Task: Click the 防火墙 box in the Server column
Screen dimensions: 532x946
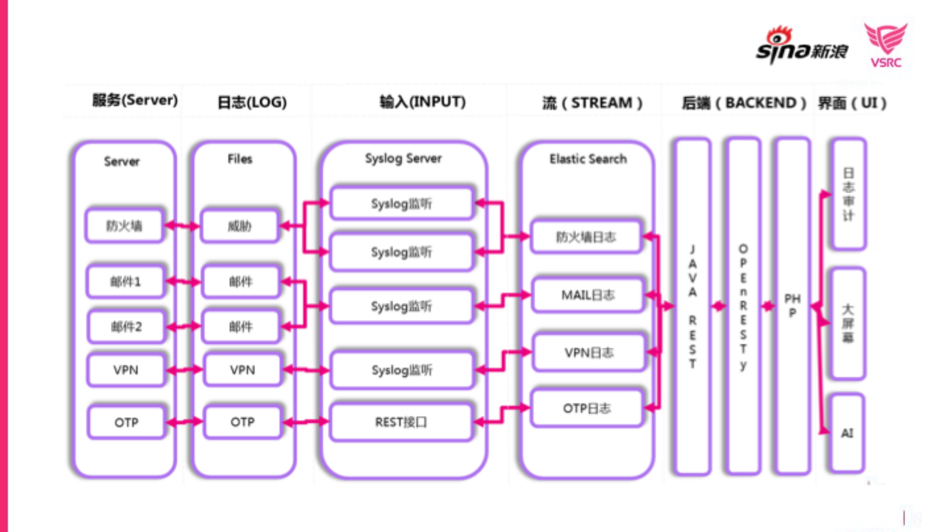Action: tap(124, 226)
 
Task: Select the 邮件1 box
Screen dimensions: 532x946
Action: tap(125, 282)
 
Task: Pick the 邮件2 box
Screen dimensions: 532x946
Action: tap(126, 326)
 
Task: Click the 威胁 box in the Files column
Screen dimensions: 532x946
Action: tap(240, 226)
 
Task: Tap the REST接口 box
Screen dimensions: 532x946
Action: tap(401, 422)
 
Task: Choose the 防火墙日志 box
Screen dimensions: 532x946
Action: tap(586, 237)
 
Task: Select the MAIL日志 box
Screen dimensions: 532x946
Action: tap(588, 295)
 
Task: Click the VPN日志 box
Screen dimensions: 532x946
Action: tap(589, 353)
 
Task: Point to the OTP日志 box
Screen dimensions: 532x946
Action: tap(587, 408)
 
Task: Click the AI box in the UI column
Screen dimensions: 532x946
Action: tap(847, 433)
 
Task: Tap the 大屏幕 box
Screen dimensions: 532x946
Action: tap(847, 323)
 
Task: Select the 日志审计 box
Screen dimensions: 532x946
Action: tap(848, 194)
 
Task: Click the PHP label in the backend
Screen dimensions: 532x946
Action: tap(792, 306)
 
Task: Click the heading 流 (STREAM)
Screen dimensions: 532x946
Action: tap(592, 103)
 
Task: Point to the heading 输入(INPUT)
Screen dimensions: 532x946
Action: tap(422, 102)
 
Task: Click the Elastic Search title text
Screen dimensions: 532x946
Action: tap(588, 159)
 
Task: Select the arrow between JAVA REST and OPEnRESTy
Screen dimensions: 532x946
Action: tap(718, 306)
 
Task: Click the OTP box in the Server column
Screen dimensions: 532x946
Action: tap(126, 422)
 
